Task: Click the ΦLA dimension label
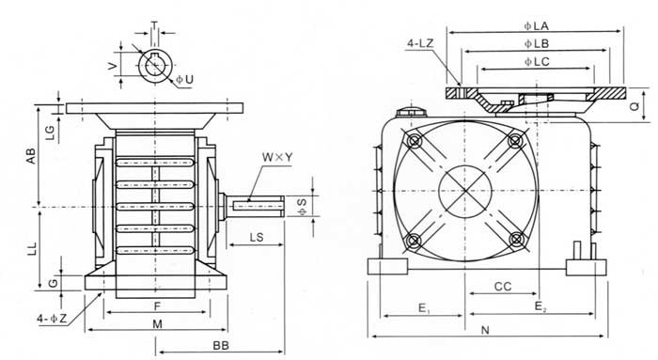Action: coord(536,26)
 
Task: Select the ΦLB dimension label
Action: coord(537,43)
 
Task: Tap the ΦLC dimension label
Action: coord(537,62)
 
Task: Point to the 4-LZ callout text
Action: coord(420,43)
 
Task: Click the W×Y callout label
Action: coord(277,157)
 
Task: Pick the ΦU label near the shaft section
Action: coord(184,79)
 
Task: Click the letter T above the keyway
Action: coord(154,25)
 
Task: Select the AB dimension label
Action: coord(31,156)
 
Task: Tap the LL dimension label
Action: coord(32,248)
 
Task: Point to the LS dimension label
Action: coord(257,238)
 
